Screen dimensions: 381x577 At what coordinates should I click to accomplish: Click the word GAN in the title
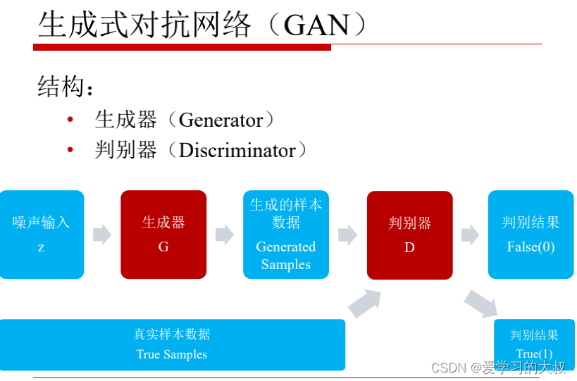point(316,25)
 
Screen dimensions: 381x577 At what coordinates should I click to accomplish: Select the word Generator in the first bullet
point(221,120)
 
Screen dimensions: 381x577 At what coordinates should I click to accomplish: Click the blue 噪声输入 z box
point(42,235)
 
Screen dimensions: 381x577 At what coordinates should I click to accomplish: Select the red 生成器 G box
point(163,235)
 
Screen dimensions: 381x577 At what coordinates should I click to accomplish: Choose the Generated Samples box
point(286,235)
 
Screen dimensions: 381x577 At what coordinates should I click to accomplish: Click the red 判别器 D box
point(409,235)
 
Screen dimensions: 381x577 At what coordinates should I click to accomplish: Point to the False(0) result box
point(531,235)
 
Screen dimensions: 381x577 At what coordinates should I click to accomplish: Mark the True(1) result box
point(535,343)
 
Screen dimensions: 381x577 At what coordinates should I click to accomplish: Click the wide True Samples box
point(173,344)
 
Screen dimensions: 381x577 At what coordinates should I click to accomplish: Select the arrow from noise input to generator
point(102,235)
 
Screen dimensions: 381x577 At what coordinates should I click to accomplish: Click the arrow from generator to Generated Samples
point(225,235)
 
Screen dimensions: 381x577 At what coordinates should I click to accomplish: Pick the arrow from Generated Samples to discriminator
point(347,235)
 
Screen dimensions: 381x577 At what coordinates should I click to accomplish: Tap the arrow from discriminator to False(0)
point(470,235)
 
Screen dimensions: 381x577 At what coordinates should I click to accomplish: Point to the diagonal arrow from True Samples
point(365,303)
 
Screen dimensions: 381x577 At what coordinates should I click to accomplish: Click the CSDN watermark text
point(498,368)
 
